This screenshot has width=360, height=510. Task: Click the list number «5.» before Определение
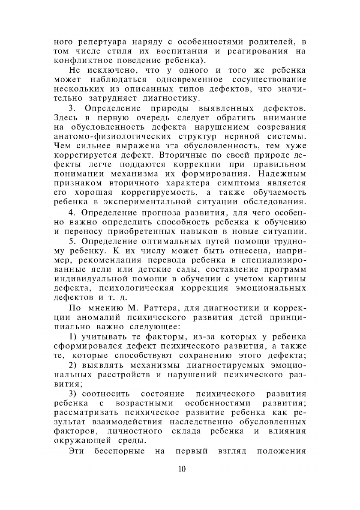click(72, 241)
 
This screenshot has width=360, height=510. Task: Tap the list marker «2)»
click(74, 365)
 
